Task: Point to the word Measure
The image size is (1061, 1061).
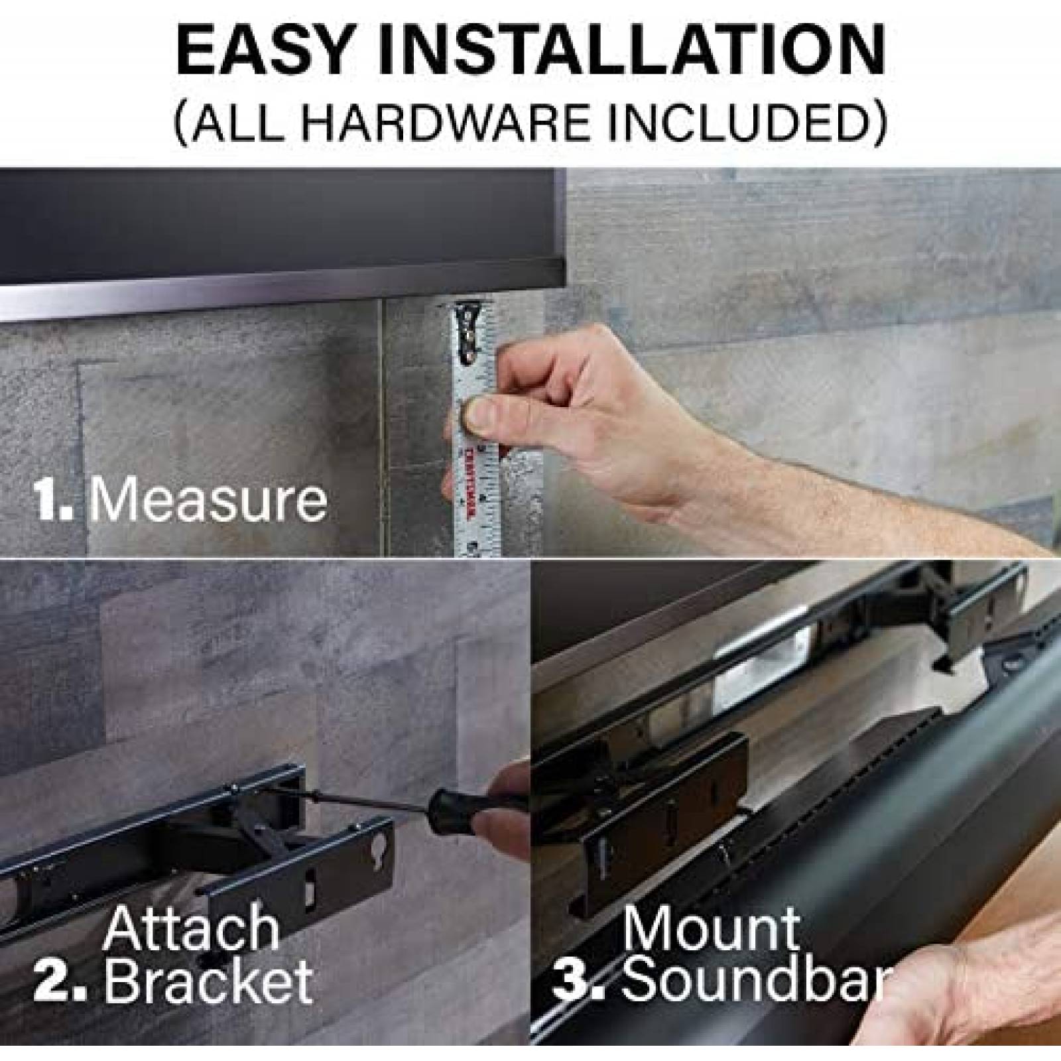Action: coord(208,501)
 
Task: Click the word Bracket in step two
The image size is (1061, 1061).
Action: coord(208,982)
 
